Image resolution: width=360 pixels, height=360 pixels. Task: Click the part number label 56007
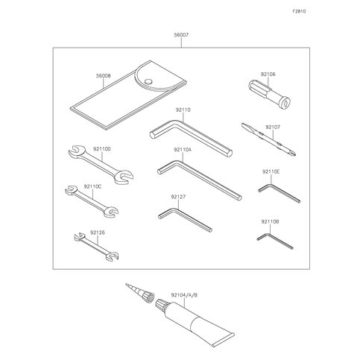(181, 35)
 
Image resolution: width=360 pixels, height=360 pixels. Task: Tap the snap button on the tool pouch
(148, 81)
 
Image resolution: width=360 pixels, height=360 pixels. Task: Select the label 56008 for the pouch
(104, 76)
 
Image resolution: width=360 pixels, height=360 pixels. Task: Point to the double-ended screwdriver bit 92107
(268, 139)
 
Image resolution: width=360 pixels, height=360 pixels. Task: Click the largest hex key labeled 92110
(191, 138)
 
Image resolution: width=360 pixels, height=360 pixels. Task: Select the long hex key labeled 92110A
(199, 180)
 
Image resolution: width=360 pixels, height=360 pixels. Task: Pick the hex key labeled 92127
(185, 220)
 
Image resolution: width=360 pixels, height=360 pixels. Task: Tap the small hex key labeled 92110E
(279, 192)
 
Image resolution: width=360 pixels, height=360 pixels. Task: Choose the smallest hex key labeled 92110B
(274, 240)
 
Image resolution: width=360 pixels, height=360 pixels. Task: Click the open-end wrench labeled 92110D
(101, 165)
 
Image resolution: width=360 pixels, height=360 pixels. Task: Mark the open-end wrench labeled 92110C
(92, 201)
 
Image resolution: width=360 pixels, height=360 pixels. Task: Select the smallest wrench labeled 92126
(96, 247)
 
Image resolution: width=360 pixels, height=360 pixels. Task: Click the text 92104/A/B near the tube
(184, 295)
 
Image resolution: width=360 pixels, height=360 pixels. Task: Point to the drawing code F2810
(299, 11)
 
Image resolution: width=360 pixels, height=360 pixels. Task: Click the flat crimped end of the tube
(223, 340)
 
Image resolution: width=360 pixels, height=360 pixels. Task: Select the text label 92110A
(183, 150)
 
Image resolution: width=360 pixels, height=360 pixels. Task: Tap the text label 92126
(98, 233)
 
